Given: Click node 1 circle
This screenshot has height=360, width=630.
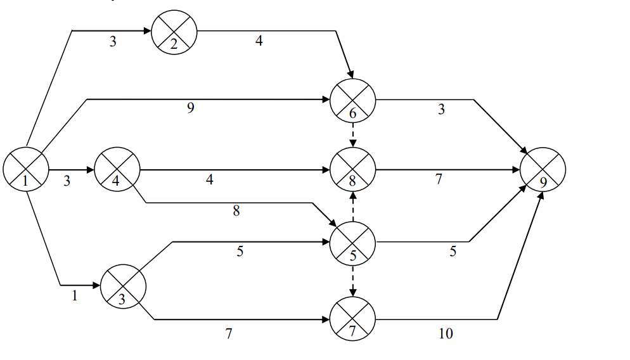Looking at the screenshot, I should tap(26, 169).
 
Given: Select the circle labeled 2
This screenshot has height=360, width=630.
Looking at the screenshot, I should tap(174, 32).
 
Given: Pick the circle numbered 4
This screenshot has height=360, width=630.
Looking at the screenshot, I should tap(117, 170).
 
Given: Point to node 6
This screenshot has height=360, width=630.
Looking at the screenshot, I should tap(353, 101).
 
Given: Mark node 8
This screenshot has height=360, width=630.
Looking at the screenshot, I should tap(353, 170).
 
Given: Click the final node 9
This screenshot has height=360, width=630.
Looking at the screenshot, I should tap(543, 170).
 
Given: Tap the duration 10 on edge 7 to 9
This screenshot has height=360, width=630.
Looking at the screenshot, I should tap(446, 333).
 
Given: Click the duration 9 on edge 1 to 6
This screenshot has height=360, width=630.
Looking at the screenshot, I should tap(190, 108).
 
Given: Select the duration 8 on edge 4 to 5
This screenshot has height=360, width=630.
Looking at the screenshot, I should tap(236, 212).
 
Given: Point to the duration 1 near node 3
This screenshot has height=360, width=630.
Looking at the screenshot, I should tap(75, 295).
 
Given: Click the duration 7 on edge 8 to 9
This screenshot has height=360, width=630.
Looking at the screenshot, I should tap(439, 179).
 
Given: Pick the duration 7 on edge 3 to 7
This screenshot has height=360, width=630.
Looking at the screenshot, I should tap(229, 333).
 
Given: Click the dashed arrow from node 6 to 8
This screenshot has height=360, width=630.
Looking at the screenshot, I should tap(353, 135).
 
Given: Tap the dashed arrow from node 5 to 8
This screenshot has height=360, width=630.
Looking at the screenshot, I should tap(353, 206).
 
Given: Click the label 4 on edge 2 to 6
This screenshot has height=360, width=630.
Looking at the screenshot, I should tap(259, 41).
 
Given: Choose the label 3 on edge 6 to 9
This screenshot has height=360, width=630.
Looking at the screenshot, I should tap(441, 109).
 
